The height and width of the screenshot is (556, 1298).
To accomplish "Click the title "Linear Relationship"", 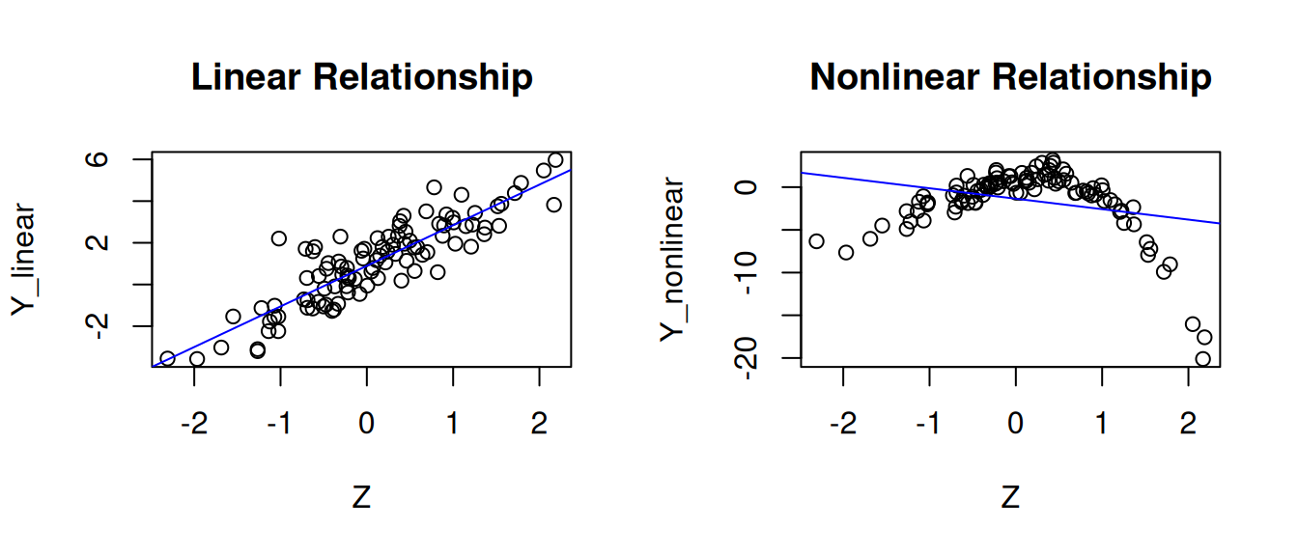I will tap(361, 76).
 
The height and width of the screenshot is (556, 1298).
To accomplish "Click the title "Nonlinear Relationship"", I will tap(1010, 76).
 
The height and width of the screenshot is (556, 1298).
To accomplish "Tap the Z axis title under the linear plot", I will tap(361, 498).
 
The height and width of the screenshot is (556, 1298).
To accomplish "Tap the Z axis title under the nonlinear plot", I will tap(1010, 498).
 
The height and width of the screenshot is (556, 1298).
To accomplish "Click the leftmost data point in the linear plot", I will tap(167, 358).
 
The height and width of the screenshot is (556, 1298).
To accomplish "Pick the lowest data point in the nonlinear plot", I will tap(1202, 359).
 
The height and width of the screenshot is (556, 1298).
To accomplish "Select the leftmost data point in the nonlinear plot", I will tap(816, 241).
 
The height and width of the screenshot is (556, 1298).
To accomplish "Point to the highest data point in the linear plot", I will tap(555, 159).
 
